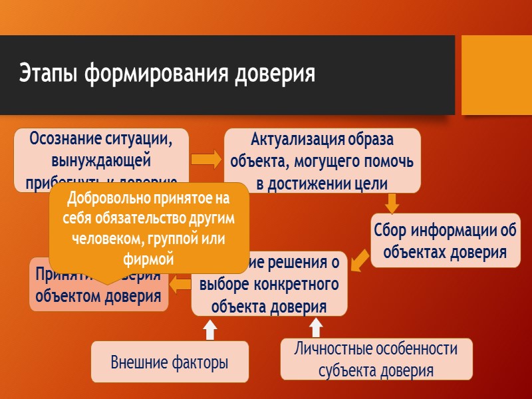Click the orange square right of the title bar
pyautogui.click(x=496, y=74)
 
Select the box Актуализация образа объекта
pyautogui.click(x=322, y=160)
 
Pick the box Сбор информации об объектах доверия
pyautogui.click(x=445, y=241)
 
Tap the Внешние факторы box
pyautogui.click(x=169, y=362)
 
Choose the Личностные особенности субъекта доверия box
pyautogui.click(x=376, y=359)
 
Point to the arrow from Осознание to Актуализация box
pyautogui.click(x=206, y=160)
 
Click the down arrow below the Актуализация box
pyautogui.click(x=392, y=202)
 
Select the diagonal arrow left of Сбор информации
pyautogui.click(x=359, y=261)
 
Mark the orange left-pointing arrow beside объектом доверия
pyautogui.click(x=180, y=285)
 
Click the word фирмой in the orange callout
pyautogui.click(x=149, y=259)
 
